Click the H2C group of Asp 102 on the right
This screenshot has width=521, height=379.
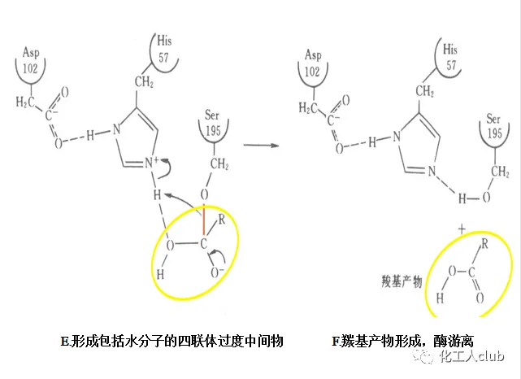point(308,107)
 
